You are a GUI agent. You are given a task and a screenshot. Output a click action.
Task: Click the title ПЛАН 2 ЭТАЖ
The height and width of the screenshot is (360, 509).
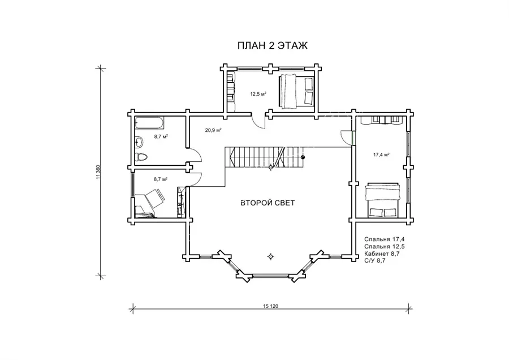pos(273,46)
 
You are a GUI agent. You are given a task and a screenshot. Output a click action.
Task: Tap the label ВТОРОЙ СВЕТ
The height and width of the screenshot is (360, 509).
pos(268,203)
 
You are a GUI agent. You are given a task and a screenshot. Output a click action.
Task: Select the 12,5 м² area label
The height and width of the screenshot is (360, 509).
pos(258,94)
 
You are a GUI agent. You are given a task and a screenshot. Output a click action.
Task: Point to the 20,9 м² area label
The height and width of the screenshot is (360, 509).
pos(213,130)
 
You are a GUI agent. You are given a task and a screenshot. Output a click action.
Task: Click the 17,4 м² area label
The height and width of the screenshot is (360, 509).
pos(381,155)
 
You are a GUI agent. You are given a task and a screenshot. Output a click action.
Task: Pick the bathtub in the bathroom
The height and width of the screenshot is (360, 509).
pos(149,123)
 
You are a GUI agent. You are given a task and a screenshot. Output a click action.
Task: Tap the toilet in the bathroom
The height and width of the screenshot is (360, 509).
pos(141,157)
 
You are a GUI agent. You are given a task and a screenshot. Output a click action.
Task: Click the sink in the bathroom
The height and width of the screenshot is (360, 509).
pos(139,142)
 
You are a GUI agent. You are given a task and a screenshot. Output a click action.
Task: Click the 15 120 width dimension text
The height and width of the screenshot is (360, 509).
pos(271,306)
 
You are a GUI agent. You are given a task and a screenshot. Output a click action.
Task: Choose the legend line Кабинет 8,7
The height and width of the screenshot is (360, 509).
pos(382,254)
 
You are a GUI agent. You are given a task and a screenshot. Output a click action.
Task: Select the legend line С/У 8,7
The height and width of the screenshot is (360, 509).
pos(374,260)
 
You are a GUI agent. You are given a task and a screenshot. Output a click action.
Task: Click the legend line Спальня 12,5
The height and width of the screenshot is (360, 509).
pos(385,246)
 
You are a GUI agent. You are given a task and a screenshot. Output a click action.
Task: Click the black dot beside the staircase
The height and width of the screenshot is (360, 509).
pos(303,157)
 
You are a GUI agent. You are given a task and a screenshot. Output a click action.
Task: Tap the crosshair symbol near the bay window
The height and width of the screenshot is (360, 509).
pos(270,256)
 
